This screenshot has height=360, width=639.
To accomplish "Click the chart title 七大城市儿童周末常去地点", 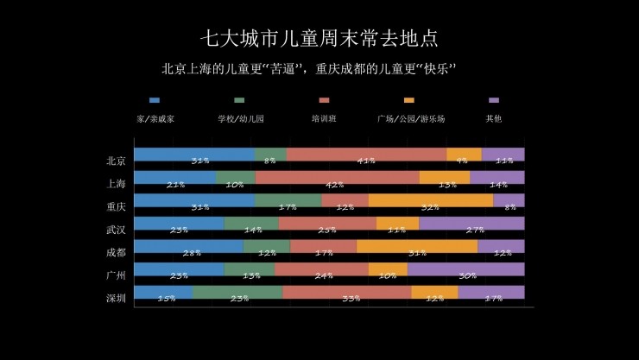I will click(x=319, y=38).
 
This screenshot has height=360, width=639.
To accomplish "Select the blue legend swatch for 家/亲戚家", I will click(x=155, y=101).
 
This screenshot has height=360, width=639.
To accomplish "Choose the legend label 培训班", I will click(x=324, y=118).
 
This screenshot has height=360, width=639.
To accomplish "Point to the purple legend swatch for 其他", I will click(x=494, y=101).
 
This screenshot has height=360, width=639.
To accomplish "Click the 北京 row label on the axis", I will click(x=117, y=160).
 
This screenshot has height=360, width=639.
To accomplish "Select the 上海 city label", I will click(x=117, y=183).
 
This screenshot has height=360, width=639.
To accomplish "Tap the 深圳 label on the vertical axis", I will click(x=117, y=298).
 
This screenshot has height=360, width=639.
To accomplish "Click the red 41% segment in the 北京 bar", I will click(x=366, y=155).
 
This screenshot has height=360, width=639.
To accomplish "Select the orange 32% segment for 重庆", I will click(x=430, y=200).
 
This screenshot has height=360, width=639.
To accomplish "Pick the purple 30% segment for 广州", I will click(x=465, y=269).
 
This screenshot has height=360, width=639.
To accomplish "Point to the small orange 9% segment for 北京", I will click(x=464, y=155).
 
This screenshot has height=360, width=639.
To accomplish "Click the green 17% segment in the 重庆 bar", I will click(x=288, y=200).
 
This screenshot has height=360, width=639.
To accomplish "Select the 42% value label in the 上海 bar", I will click(x=335, y=184).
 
